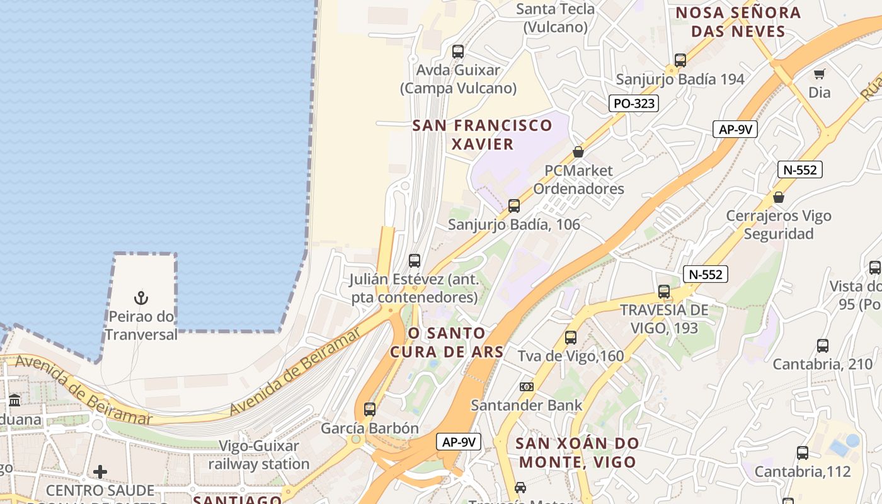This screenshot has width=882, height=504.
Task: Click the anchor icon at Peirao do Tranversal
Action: tap(141, 297)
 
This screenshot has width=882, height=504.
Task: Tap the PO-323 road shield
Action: tap(633, 103)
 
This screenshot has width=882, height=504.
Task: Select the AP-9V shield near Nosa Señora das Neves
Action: tap(735, 130)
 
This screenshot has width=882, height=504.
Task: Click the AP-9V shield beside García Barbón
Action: tap(459, 442)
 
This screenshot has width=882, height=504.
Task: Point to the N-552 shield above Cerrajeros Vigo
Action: tap(800, 169)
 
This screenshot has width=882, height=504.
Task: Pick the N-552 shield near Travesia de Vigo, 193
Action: tap(706, 274)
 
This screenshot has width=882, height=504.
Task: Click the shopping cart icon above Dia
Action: tap(819, 74)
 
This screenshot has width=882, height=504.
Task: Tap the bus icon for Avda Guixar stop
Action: tap(458, 52)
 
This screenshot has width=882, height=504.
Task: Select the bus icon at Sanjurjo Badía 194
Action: tap(680, 60)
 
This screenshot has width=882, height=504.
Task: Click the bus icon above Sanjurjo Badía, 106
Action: tap(514, 206)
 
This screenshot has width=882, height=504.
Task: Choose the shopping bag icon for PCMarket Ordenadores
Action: tap(578, 152)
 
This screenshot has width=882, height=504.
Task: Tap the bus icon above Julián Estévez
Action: tap(415, 261)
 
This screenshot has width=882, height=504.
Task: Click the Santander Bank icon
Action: tap(527, 386)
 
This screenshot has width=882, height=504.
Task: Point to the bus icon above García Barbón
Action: tap(370, 409)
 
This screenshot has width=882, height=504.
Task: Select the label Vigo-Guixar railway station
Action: tap(259, 455)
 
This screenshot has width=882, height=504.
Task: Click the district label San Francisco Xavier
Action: tap(482, 134)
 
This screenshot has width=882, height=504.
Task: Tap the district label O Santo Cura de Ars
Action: tap(447, 342)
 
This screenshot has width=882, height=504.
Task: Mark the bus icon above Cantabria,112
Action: tap(803, 453)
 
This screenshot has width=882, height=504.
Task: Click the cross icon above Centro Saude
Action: tap(100, 472)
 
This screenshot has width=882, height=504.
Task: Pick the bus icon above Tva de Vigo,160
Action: tap(571, 338)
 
